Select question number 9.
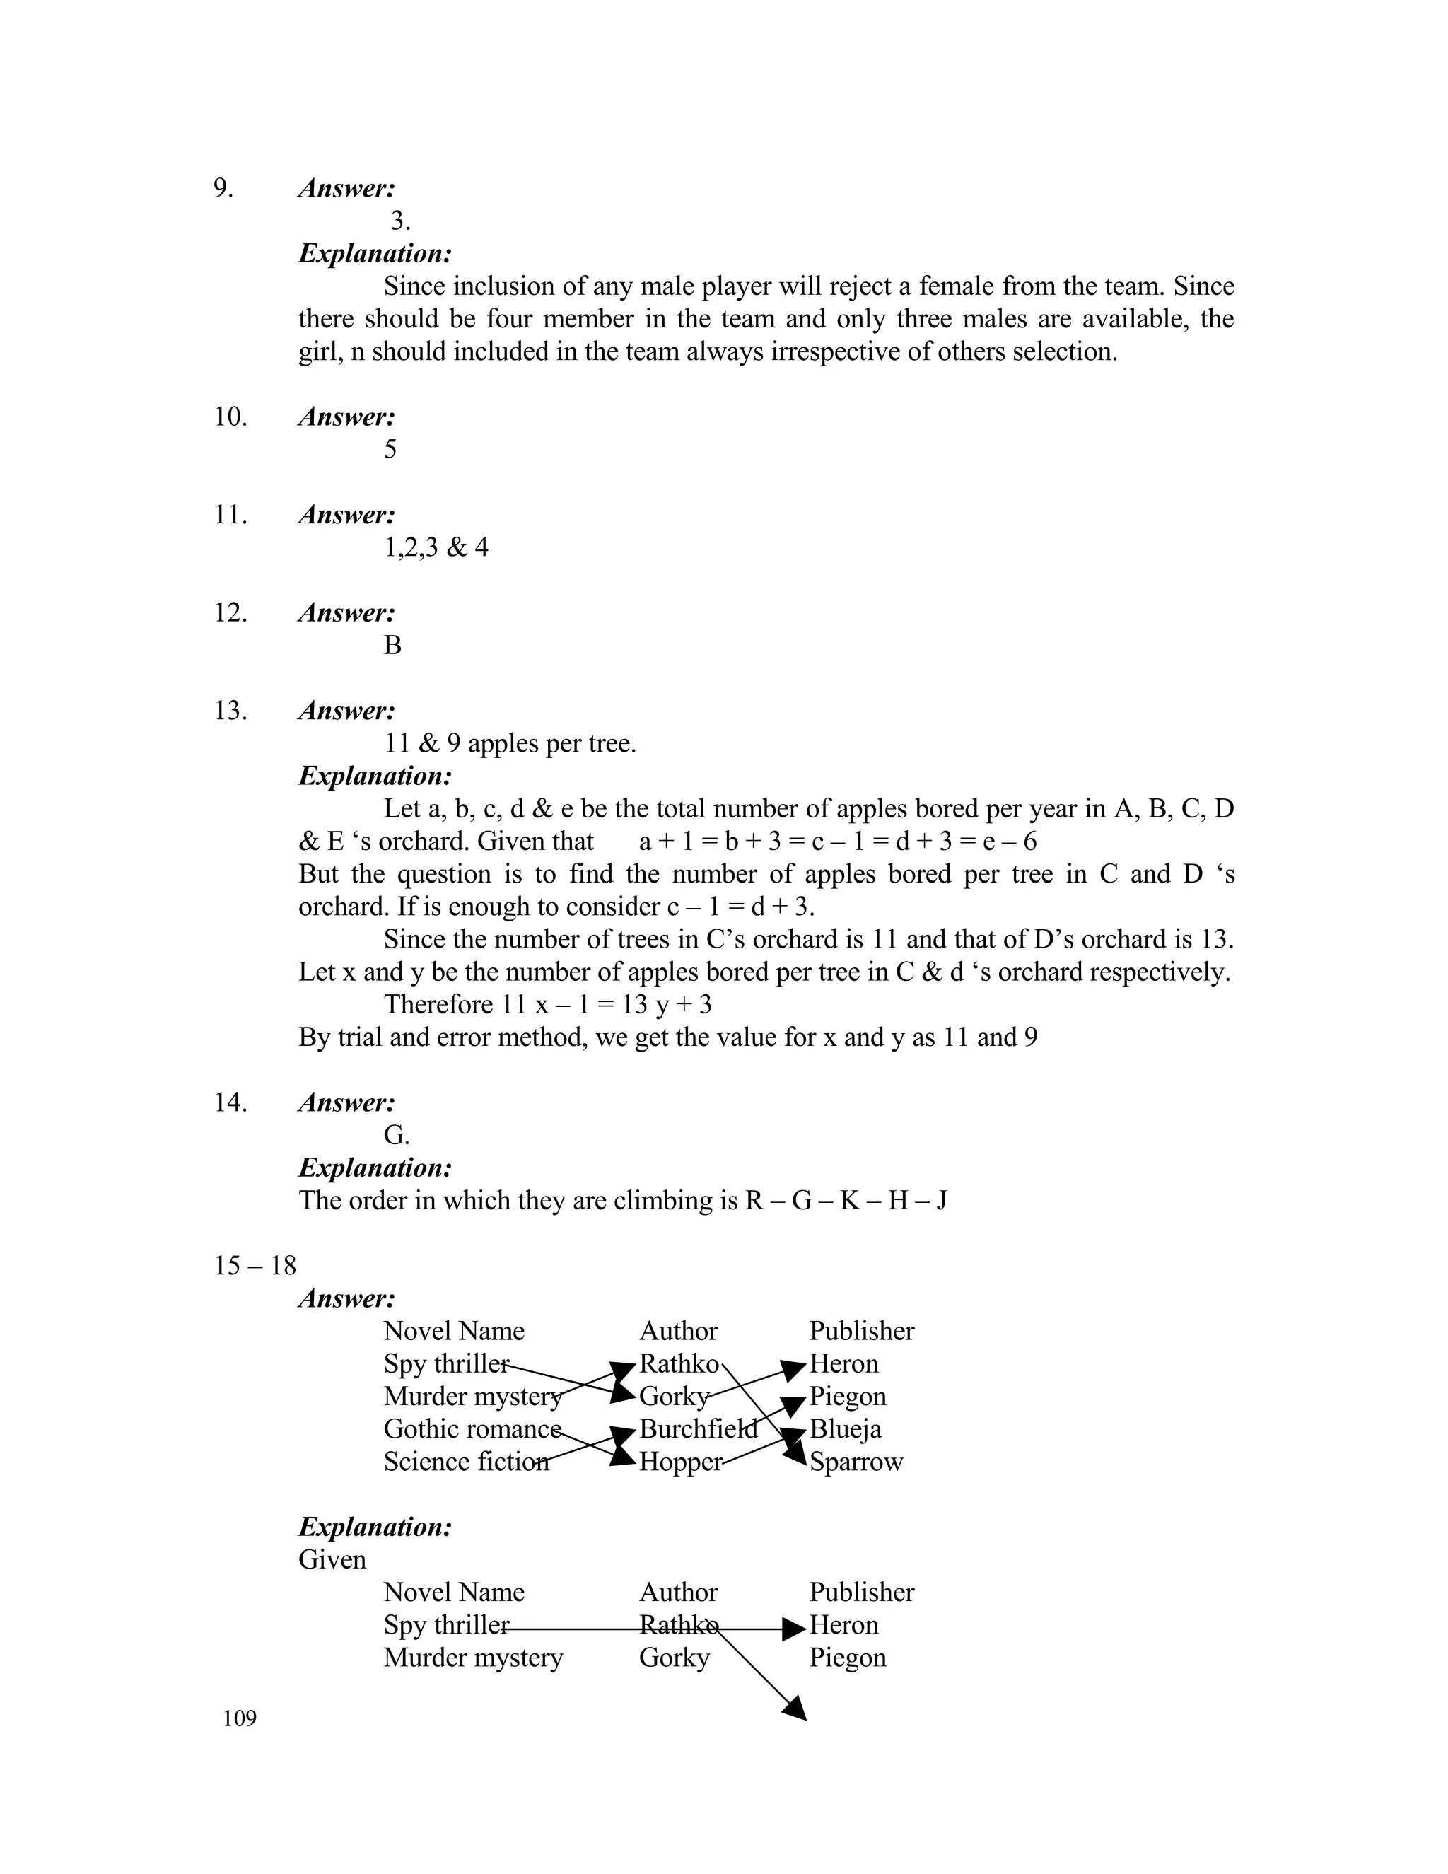(223, 188)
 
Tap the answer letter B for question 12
(392, 645)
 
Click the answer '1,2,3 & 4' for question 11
(436, 547)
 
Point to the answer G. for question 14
(397, 1135)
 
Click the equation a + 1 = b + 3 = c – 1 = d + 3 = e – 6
(837, 842)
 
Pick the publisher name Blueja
(846, 1429)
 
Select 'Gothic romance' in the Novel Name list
(472, 1429)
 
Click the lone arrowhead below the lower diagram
(795, 1708)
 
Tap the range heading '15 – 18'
(255, 1266)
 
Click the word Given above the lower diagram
(332, 1560)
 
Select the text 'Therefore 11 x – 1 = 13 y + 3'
(547, 1005)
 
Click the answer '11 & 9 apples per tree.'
(510, 744)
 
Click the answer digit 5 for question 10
(390, 450)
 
